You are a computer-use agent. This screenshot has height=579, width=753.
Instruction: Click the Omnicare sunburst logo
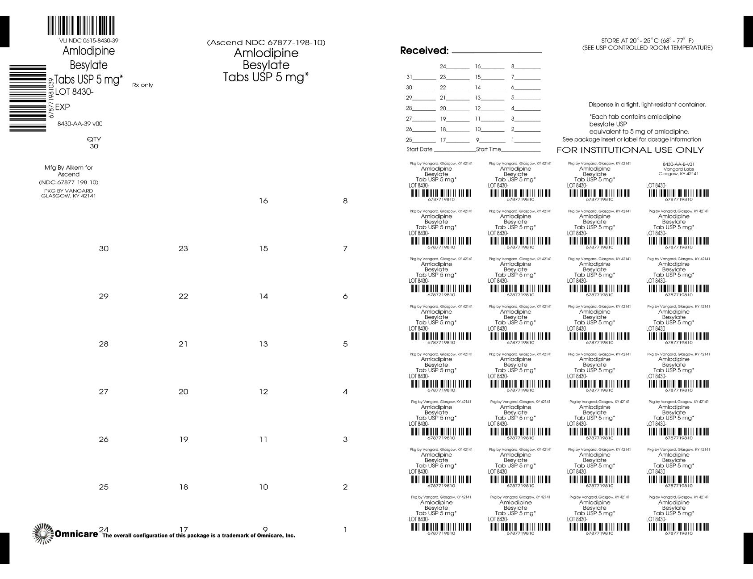coord(42,533)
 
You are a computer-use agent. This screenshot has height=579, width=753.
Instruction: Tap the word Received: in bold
coord(424,51)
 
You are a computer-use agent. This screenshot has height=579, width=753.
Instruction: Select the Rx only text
coord(142,85)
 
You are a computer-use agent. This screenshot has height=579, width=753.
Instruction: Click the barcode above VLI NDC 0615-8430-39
coord(81,26)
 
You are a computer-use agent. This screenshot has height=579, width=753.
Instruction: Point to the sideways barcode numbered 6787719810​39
coord(28,98)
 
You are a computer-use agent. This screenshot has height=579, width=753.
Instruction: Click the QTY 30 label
coord(94,143)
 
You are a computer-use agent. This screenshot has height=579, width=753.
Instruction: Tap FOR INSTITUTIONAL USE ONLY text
coord(630,150)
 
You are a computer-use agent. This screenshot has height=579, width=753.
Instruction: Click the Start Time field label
coord(489,150)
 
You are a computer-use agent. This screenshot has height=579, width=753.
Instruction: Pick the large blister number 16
coord(264,201)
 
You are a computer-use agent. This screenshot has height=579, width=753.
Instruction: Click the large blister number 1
coord(345,530)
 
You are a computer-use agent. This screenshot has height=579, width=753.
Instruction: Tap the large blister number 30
coord(104,249)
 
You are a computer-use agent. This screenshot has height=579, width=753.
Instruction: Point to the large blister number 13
coord(264,344)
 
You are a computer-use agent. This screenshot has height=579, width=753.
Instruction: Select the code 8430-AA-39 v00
coord(80,124)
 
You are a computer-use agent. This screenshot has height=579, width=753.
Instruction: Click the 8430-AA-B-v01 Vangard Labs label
coord(678,169)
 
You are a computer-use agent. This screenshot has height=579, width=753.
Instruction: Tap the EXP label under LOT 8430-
coord(62,108)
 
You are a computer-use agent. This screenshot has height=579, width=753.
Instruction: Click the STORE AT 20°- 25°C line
coord(647,41)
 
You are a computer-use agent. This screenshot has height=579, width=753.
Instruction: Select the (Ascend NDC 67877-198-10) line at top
coord(266,43)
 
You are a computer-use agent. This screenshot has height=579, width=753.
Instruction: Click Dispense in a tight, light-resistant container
coord(647,105)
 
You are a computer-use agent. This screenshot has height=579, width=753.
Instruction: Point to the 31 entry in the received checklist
coord(409,77)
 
